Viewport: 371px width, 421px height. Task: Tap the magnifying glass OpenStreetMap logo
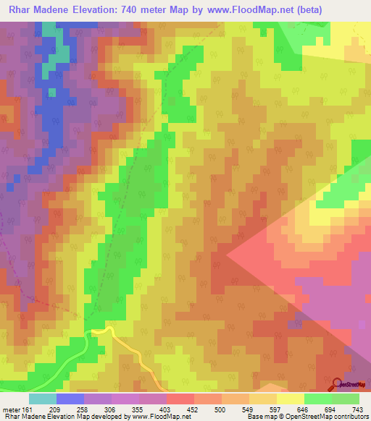337,384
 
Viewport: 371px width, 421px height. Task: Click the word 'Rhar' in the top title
21,9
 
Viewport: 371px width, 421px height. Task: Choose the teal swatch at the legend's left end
42,399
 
